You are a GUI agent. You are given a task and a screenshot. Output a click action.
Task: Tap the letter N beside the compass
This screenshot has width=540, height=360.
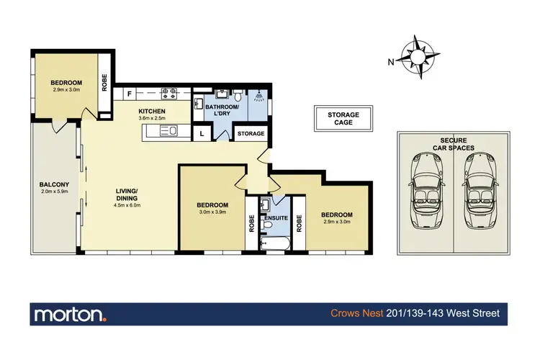[391, 62]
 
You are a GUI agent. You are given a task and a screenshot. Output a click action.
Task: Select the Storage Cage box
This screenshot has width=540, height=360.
[343, 118]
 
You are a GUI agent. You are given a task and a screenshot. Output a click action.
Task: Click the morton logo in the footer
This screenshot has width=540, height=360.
[71, 314]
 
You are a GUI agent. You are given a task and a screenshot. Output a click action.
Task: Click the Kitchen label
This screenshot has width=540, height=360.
[152, 111]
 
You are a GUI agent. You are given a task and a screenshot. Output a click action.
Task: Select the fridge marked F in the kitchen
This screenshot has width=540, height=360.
[130, 94]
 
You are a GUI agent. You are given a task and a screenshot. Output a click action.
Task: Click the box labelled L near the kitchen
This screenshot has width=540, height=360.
[202, 134]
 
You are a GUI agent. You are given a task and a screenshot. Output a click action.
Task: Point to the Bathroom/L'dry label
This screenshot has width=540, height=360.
[222, 109]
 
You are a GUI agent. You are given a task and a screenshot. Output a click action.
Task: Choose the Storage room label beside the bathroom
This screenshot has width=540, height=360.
[251, 134]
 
